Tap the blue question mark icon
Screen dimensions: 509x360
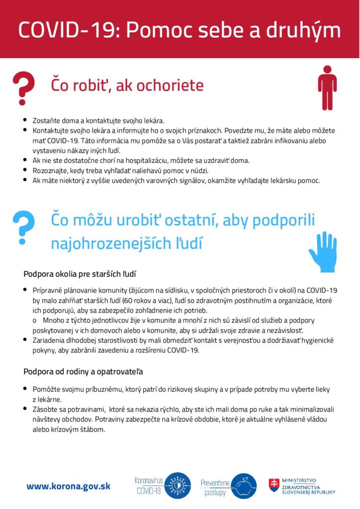23,225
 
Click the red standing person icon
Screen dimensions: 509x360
327,87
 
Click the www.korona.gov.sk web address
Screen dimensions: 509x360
69,486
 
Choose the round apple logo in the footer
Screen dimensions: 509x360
244,486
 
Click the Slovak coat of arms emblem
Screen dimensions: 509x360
273,485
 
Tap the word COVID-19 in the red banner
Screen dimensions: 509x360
67,30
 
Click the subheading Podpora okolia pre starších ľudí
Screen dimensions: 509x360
80,274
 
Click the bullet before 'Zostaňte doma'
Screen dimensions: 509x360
25,120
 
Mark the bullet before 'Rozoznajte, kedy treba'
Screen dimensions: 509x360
25,170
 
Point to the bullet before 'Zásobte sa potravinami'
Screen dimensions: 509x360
25,409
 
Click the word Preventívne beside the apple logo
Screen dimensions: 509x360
214,483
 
